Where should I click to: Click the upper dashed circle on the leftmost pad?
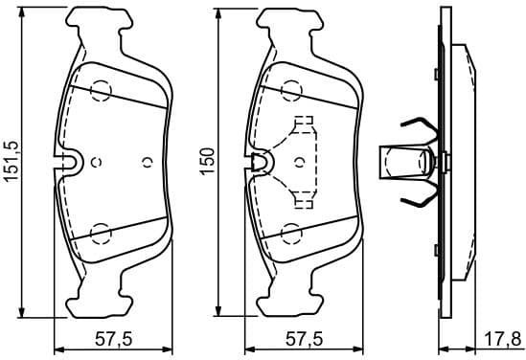[101, 90]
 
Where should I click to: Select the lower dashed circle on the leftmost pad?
[101, 233]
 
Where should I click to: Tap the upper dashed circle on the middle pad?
[291, 90]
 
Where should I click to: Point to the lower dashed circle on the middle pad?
[291, 233]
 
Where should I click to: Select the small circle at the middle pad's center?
[302, 161]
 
